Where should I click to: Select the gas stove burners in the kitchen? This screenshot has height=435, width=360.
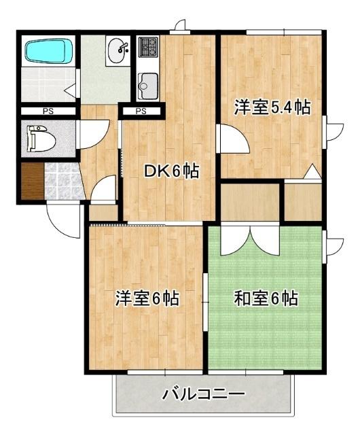148,47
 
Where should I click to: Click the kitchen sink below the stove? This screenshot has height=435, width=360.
147,86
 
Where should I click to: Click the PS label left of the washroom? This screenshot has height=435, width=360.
48,111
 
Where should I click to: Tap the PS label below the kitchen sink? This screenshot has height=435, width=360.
141,111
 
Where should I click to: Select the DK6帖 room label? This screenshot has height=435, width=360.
171,172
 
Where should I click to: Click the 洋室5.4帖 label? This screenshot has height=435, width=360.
272,107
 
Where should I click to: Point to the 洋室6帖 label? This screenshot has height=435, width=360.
147,298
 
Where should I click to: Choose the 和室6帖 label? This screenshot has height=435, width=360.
266,298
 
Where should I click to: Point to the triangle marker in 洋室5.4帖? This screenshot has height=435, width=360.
312,171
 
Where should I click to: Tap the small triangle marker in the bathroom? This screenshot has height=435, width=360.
69,89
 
